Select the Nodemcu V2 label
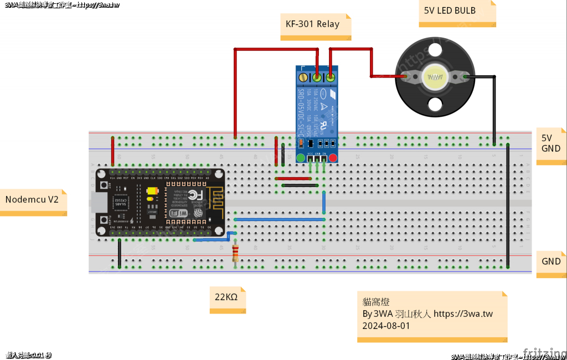[x=32, y=199]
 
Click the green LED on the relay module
[x=301, y=158]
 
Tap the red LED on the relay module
[x=333, y=158]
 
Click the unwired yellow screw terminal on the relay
[x=303, y=77]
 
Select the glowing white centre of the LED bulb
[x=436, y=77]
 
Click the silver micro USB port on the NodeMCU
[x=99, y=203]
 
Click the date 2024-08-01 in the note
[x=386, y=326]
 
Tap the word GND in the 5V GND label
[x=551, y=148]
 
